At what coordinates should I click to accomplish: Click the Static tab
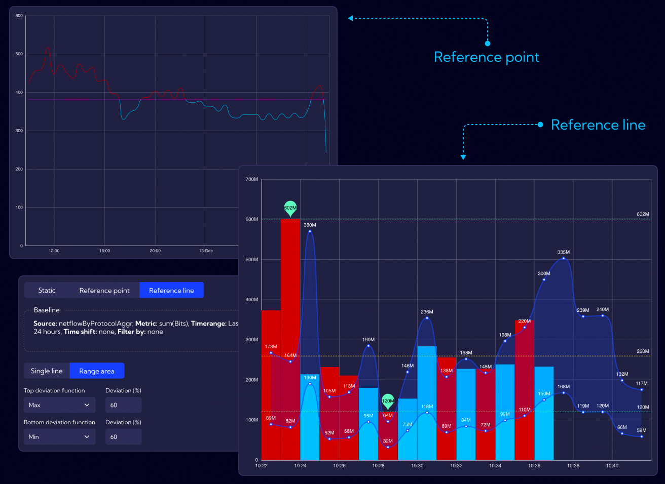[x=47, y=290]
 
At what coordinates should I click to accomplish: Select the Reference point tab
[x=104, y=290]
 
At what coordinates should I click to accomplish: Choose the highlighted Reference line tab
[x=171, y=290]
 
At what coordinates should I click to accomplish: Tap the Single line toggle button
[x=47, y=371]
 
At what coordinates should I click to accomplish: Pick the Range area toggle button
[x=97, y=371]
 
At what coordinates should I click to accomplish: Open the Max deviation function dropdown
[x=59, y=405]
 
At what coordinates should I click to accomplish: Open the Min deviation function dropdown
[x=59, y=436]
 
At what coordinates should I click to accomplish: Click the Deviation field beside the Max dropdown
[x=123, y=405]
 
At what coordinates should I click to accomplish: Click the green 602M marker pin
[x=290, y=208]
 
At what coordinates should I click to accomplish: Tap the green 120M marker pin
[x=388, y=401]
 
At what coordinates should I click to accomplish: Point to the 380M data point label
[x=310, y=225]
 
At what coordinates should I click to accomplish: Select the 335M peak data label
[x=563, y=252]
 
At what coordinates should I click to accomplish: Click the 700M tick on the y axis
[x=252, y=179]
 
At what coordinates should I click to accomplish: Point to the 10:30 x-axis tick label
[x=417, y=465]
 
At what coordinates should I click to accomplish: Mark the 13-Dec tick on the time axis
[x=206, y=251]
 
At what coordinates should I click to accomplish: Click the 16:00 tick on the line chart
[x=104, y=251]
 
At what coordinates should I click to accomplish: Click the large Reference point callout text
[x=487, y=57]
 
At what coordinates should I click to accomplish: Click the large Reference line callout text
[x=598, y=125]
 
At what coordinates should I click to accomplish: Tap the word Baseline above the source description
[x=47, y=310]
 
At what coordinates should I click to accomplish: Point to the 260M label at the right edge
[x=643, y=351]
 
